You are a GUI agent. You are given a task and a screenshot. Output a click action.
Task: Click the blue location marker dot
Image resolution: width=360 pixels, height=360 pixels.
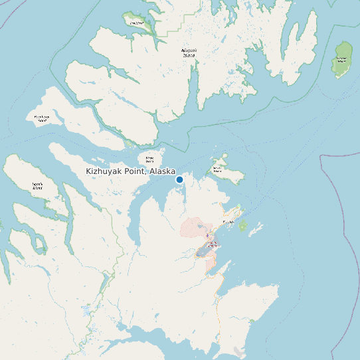(x=179, y=179)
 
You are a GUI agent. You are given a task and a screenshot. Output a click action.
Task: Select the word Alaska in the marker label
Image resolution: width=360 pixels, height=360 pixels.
(x=163, y=171)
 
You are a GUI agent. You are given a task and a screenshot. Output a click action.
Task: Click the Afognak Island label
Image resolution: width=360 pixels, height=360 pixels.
(x=189, y=52)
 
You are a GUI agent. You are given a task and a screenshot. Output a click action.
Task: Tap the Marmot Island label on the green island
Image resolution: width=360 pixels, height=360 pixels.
(x=341, y=60)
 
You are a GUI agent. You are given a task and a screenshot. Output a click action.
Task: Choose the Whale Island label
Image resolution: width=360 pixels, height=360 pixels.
(x=150, y=160)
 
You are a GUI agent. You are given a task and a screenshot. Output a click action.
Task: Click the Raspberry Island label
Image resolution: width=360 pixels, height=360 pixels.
(x=42, y=119)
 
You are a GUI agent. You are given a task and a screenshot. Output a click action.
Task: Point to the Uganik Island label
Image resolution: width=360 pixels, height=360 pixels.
(x=37, y=187)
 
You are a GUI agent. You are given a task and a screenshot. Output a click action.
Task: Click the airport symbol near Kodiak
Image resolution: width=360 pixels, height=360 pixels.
(x=207, y=236)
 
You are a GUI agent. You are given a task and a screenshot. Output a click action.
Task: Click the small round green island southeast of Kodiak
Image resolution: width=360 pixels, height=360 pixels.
(x=243, y=226)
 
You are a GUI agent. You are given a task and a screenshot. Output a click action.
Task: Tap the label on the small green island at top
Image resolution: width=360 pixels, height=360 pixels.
(x=136, y=23)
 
